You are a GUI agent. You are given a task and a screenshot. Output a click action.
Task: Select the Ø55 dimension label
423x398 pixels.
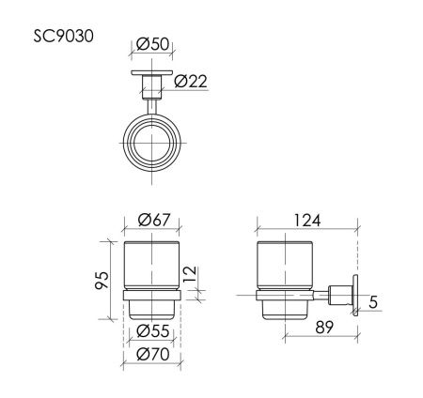pyautogui.click(x=151, y=331)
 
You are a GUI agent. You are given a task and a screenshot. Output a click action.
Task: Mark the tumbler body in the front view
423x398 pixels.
pyautogui.click(x=151, y=267)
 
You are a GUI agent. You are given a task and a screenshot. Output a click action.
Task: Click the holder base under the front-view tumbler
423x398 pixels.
pyautogui.click(x=151, y=305)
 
